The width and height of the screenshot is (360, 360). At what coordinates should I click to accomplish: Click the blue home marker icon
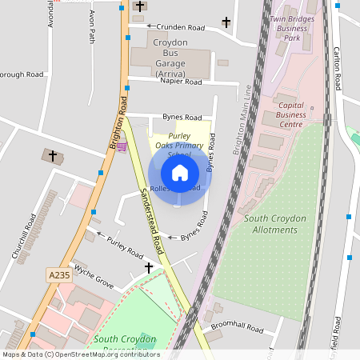click(180, 173)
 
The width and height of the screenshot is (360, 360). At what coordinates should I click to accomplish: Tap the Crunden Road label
click(180, 27)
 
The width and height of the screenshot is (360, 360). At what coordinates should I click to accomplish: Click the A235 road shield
click(59, 274)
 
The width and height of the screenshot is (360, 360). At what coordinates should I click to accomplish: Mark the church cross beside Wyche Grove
click(149, 268)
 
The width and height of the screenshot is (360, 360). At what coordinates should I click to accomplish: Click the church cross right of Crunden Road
click(226, 22)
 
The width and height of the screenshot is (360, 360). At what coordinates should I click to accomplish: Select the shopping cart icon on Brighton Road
click(122, 147)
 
